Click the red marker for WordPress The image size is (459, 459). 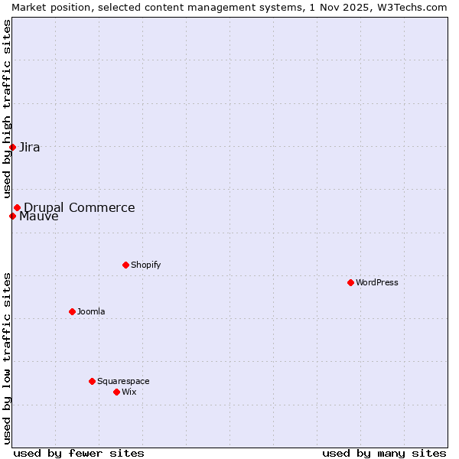[350, 282]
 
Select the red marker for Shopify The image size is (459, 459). [125, 265]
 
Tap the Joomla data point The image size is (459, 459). [72, 311]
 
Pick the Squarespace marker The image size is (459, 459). [92, 381]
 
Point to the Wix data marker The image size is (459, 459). [116, 392]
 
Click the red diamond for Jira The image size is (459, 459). [12, 147]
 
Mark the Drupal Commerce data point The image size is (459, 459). [17, 207]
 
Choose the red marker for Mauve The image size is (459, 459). [12, 216]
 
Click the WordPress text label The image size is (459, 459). [377, 282]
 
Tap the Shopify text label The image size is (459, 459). [146, 265]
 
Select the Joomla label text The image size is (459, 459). [91, 311]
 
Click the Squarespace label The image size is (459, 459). [123, 381]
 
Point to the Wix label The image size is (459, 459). [129, 392]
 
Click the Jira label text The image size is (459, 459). [30, 147]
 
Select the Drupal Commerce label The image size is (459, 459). [80, 207]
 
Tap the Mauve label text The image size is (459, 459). [39, 216]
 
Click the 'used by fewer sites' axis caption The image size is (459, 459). [79, 453]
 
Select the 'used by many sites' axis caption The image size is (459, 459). [384, 453]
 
